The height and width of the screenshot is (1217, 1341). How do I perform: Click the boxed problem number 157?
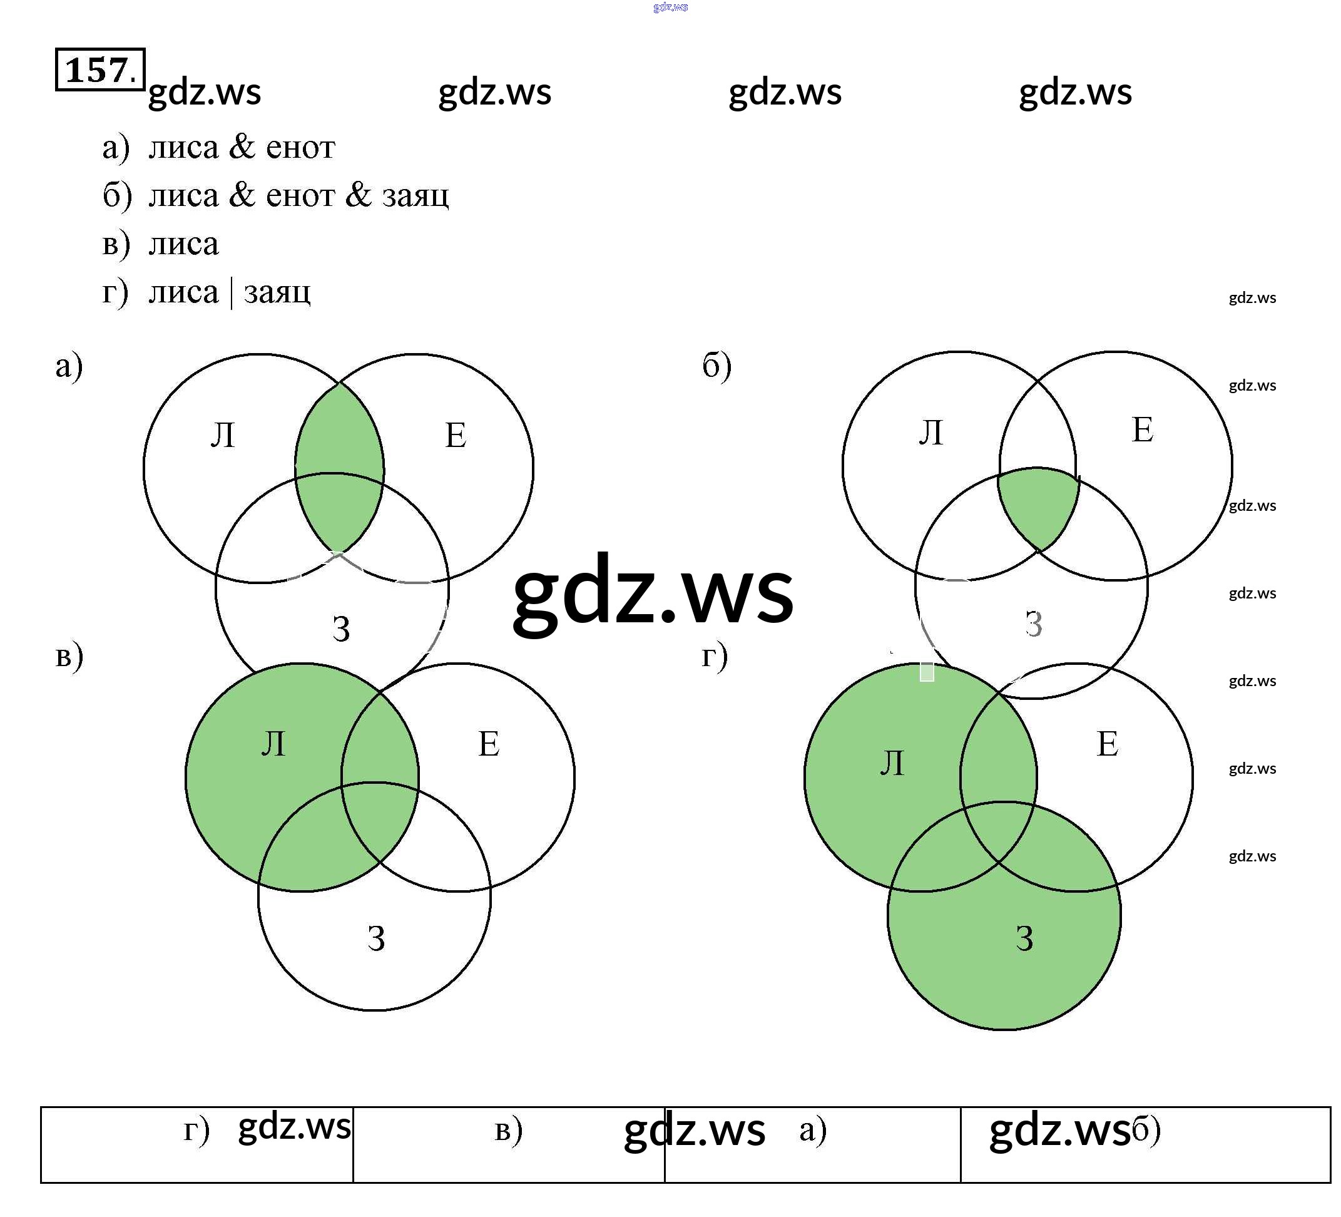99,69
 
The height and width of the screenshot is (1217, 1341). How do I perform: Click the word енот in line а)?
300,147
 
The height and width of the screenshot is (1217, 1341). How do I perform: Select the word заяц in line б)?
415,195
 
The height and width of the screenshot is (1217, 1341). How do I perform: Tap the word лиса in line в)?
183,244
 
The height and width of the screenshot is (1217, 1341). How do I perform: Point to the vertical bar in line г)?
231,293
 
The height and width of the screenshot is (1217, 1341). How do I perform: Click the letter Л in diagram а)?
223,436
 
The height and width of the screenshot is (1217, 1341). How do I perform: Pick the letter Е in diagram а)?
456,436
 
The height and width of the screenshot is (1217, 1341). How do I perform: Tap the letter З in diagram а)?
341,629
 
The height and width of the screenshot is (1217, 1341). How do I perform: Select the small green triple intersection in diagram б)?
1038,506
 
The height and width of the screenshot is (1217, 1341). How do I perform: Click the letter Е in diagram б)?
1142,430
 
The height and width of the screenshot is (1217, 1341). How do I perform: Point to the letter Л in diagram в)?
273,744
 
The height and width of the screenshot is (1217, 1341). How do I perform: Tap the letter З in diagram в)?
377,938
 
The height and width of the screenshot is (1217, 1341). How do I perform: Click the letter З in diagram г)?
1024,938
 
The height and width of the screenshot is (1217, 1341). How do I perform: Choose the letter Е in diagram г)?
1108,744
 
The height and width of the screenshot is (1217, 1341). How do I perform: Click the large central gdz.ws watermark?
653,592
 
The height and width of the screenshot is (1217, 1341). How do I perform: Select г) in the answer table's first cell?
196,1130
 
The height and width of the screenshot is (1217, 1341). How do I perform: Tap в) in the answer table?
509,1130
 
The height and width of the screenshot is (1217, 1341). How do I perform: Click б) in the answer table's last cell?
1146,1130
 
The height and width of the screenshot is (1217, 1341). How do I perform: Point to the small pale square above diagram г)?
927,671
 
